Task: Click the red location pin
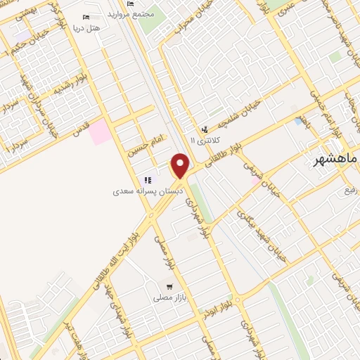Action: click(181, 165)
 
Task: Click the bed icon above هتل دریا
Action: click(86, 17)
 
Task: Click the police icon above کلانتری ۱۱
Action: click(205, 129)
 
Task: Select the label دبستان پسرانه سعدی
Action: click(148, 191)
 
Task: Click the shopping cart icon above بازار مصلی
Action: click(169, 286)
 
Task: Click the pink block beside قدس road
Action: click(99, 131)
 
